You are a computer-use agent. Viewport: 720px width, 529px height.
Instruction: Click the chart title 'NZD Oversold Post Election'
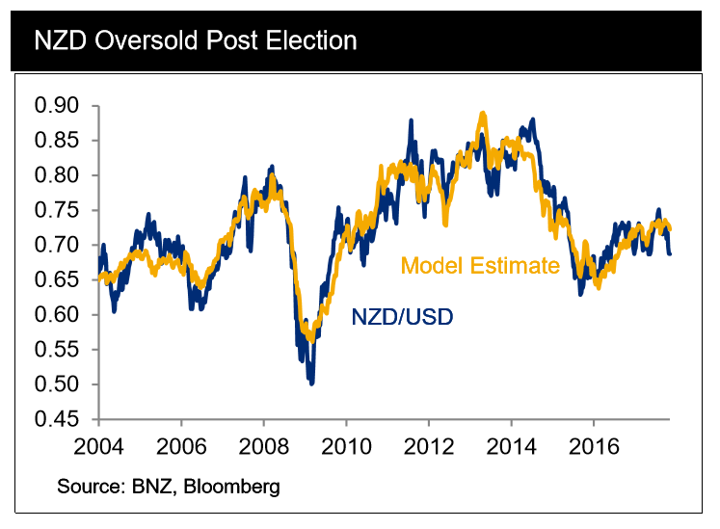point(195,40)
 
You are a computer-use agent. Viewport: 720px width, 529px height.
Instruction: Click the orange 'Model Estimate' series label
point(480,265)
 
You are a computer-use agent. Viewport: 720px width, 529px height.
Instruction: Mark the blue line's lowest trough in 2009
point(311,384)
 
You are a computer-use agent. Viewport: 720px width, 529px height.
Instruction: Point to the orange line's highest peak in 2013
point(482,114)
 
